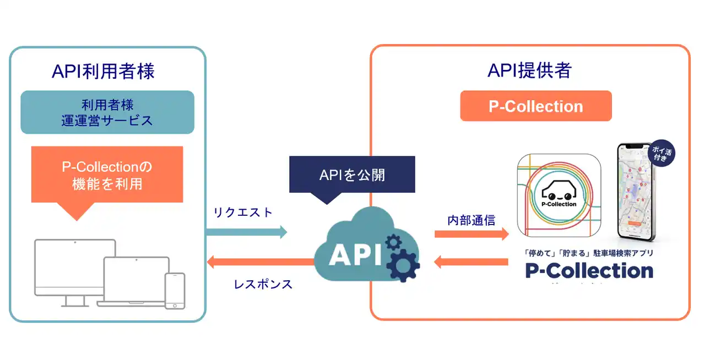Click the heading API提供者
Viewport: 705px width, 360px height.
(529, 70)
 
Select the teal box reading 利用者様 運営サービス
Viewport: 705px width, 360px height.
(107, 112)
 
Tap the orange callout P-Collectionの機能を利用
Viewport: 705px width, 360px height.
(107, 175)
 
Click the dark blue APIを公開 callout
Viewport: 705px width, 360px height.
(352, 175)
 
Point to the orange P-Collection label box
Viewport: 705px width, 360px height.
(536, 106)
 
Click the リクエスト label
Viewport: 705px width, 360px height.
(242, 212)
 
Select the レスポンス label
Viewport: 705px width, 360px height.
(263, 285)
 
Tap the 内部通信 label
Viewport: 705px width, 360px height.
(471, 221)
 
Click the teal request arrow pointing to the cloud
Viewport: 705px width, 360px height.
(246, 232)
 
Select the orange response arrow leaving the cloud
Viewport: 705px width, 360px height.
(259, 262)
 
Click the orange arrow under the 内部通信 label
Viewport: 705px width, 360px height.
(471, 234)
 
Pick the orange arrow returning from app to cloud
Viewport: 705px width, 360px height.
(471, 262)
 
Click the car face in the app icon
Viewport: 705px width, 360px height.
(559, 191)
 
